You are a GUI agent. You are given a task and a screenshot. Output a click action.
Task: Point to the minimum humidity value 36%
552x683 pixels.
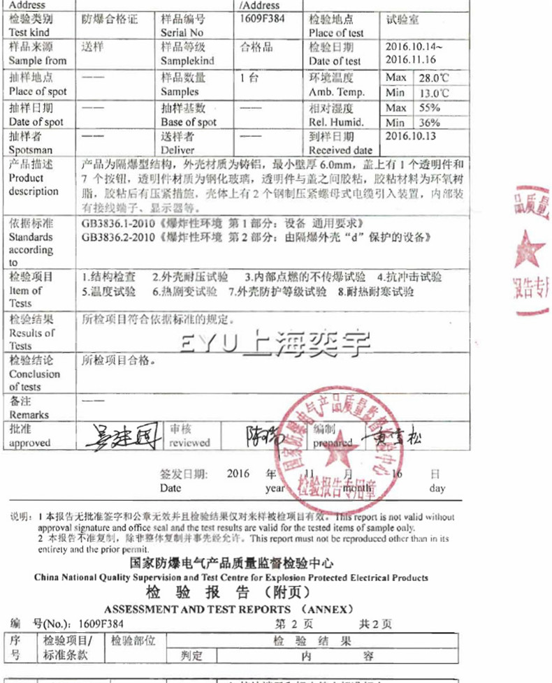(x=428, y=122)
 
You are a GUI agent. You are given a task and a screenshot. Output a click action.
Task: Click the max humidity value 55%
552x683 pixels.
(x=429, y=108)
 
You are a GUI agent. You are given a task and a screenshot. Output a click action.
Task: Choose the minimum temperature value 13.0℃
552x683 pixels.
(x=433, y=92)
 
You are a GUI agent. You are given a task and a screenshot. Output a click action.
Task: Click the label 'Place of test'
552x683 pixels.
(x=336, y=33)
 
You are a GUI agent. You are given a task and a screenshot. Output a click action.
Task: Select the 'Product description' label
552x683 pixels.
(x=33, y=184)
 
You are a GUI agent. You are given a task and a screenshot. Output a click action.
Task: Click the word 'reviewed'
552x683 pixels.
(x=189, y=443)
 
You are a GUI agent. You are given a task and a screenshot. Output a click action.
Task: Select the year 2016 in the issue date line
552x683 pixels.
(x=238, y=473)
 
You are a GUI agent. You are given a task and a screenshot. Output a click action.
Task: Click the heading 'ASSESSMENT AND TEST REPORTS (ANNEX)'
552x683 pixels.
(x=229, y=609)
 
